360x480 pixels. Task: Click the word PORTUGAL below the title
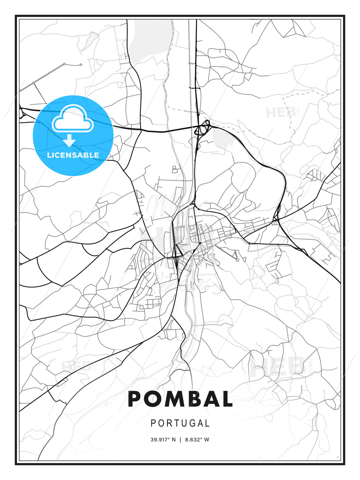point(180,423)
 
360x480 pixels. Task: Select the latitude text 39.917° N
point(163,440)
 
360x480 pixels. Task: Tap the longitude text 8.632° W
point(197,440)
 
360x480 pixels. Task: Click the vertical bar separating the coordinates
point(180,440)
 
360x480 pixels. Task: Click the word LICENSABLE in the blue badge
point(73,155)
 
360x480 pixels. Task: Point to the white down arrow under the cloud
point(69,140)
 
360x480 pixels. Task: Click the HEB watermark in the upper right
point(281,112)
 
